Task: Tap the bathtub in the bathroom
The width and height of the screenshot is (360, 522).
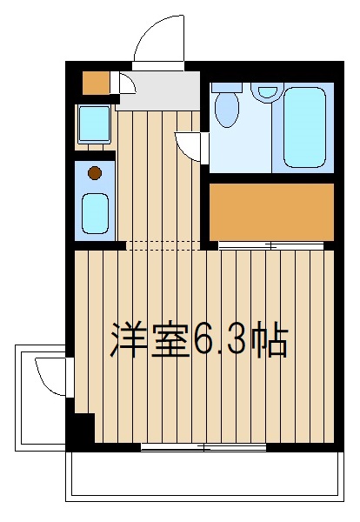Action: [x=304, y=128]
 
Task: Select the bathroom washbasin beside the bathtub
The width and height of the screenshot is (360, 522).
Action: [x=267, y=90]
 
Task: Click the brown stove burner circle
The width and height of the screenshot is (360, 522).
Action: [x=95, y=173]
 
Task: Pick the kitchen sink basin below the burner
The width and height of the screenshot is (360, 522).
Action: [x=95, y=213]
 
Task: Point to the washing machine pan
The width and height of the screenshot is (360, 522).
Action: [x=95, y=124]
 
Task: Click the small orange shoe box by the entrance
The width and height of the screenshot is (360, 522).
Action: [x=97, y=83]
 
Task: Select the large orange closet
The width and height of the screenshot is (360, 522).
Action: [x=271, y=211]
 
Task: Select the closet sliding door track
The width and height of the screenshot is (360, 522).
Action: [x=270, y=246]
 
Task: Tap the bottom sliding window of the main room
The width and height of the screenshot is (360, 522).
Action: [x=203, y=447]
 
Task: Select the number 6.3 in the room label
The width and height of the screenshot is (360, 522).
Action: [x=220, y=340]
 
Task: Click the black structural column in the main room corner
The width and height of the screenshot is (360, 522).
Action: [x=81, y=428]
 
